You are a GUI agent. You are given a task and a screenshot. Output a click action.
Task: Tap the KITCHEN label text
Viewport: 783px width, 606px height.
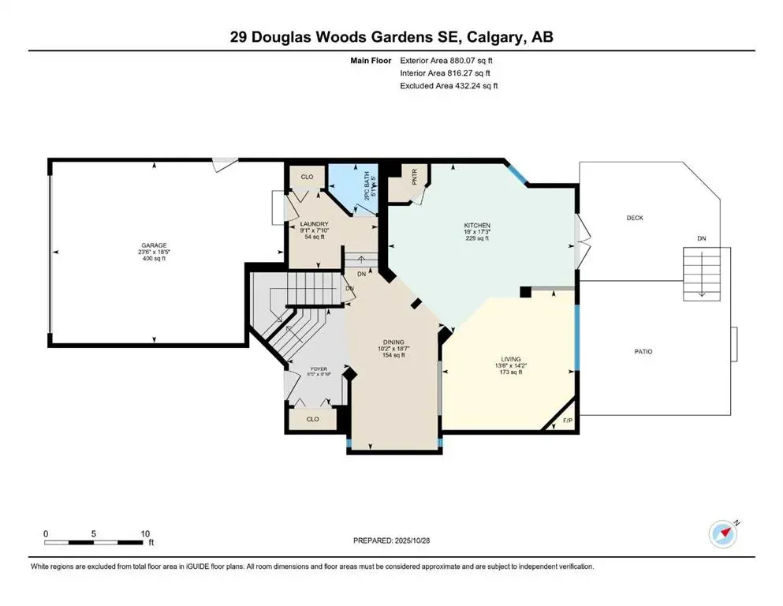(x=476, y=226)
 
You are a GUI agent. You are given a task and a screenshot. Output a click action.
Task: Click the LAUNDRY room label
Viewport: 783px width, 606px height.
(x=314, y=225)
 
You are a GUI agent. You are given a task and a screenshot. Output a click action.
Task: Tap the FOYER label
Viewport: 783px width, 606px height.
(x=319, y=368)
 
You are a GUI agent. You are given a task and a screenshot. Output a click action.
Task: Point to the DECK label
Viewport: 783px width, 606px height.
(x=636, y=218)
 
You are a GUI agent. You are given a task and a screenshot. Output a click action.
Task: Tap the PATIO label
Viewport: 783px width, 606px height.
(x=643, y=351)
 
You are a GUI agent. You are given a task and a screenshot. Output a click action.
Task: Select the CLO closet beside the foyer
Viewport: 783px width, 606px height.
(x=313, y=419)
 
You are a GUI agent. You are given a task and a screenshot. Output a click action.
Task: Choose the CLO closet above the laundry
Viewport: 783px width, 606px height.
(x=307, y=177)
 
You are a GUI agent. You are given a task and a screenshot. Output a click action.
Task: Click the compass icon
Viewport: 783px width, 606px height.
(x=723, y=533)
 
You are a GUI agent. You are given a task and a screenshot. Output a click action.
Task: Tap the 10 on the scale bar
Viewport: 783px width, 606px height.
(x=146, y=533)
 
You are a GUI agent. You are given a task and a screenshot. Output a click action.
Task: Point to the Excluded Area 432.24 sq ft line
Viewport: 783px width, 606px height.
(x=449, y=85)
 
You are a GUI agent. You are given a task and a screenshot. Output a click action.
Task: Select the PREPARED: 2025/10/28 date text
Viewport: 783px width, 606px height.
(x=391, y=541)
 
